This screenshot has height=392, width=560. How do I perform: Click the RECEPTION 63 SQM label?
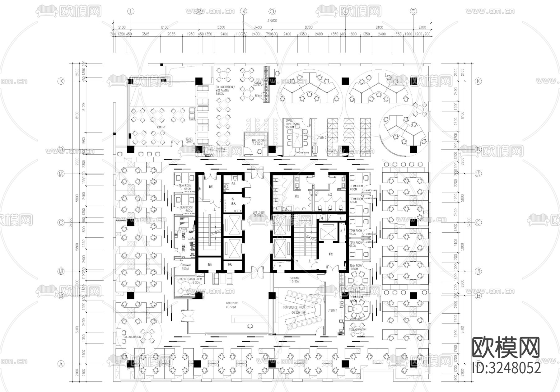(x=232, y=305)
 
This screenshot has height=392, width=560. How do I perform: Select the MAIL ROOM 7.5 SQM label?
(x=258, y=142)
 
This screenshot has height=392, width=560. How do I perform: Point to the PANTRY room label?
(x=161, y=127)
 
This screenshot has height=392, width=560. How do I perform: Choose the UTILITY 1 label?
(x=332, y=310)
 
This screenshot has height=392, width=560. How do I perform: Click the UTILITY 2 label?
(x=321, y=138)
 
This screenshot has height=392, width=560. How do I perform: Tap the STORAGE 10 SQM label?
(x=295, y=280)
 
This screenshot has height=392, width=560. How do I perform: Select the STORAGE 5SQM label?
(x=186, y=267)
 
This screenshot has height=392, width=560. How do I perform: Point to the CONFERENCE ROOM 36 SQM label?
(x=294, y=310)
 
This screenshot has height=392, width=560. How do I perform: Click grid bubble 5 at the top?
(x=413, y=12)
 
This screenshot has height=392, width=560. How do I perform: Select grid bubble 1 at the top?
(x=131, y=12)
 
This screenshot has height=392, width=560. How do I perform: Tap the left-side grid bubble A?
(x=61, y=364)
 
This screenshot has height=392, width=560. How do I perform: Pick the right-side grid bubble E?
(x=478, y=81)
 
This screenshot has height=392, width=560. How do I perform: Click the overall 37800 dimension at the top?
(x=272, y=21)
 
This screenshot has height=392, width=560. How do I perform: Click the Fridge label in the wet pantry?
(x=258, y=96)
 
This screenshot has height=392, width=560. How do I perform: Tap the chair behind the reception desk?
(x=249, y=326)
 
